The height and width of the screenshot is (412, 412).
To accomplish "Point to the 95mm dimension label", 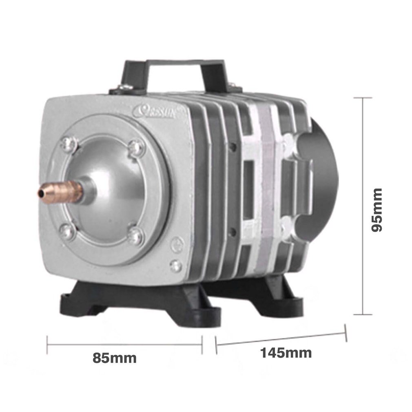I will pos(377,210).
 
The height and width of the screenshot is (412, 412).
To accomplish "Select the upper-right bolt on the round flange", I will pos(136,148).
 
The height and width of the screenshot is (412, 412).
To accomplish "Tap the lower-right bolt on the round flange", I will pos(135,235).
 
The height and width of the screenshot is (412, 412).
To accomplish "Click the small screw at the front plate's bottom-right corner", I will pos(176,266).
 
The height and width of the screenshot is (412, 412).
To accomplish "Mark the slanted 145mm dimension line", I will pos(281,339).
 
